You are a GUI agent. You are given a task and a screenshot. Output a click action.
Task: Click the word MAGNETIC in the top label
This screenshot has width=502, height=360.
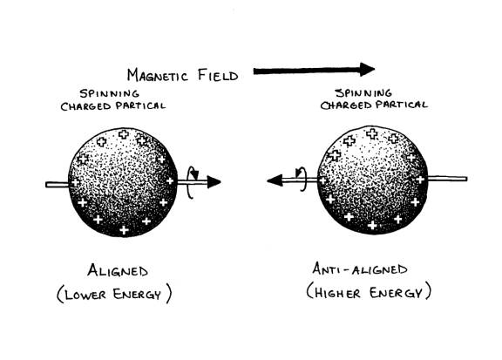coord(157,76)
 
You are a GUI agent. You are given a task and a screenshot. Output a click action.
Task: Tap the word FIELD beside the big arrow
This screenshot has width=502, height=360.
coord(218,76)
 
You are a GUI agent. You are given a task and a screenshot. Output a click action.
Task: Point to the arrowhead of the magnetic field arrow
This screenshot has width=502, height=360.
coord(367,70)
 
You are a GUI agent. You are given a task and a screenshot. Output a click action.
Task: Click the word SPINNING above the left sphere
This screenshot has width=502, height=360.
coord(110,93)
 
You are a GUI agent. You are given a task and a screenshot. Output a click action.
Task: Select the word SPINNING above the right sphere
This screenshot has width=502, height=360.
coord(363,93)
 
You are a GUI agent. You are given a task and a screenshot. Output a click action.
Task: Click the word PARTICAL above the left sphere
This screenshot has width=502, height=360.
coord(141,105)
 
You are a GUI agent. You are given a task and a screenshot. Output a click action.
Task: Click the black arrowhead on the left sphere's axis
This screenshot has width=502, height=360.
coord(214,182)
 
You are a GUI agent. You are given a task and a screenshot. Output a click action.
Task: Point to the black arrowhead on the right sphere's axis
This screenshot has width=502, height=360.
coord(275,180)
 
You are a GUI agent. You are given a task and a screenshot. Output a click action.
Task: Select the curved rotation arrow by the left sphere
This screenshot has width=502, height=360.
coord(189,182)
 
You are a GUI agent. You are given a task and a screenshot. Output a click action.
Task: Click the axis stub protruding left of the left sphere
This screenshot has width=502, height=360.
coord(58,185)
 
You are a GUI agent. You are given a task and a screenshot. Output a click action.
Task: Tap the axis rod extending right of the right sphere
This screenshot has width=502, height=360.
coord(447,179)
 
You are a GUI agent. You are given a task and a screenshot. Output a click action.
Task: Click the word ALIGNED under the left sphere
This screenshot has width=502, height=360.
coord(118,270)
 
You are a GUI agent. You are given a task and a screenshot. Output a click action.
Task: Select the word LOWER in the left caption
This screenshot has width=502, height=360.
coord(85,295)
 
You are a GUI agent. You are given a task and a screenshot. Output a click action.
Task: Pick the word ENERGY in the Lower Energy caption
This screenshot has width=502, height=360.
coord(137,294)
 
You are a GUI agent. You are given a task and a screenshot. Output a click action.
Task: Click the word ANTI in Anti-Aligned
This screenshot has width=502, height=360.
coord(326,268)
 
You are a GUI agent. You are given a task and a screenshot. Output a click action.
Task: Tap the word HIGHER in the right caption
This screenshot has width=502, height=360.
coord(337,293)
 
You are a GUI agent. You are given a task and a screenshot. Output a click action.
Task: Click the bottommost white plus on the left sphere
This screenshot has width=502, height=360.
coord(125,230)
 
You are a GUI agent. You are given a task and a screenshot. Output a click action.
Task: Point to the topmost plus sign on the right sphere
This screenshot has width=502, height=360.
coord(371,133)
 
